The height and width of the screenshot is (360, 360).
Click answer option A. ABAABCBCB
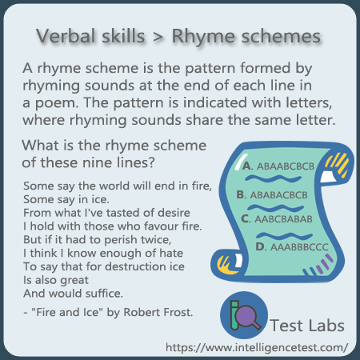[x=278, y=166]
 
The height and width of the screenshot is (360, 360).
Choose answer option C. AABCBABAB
[x=277, y=219]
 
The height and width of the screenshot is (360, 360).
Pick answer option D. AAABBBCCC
[x=292, y=247]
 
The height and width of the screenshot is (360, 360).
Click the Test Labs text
[x=307, y=326]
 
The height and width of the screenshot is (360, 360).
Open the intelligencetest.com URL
[x=257, y=347]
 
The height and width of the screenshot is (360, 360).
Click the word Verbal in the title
[x=66, y=36]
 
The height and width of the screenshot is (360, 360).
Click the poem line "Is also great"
[x=56, y=280]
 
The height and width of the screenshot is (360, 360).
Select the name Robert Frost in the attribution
[x=158, y=312]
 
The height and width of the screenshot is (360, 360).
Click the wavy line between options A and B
[x=273, y=178]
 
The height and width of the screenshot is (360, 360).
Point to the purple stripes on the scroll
[x=324, y=263]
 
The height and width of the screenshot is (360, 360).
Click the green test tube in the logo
[x=234, y=315]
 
